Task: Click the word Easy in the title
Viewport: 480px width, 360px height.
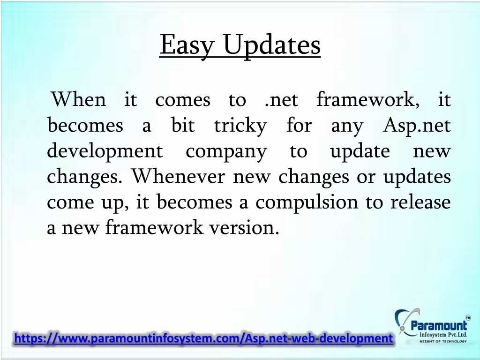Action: pyautogui.click(x=186, y=45)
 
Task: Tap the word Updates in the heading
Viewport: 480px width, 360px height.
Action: pyautogui.click(x=272, y=45)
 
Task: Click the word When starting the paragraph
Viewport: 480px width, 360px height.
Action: pyautogui.click(x=79, y=99)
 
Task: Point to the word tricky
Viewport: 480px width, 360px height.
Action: pyautogui.click(x=240, y=126)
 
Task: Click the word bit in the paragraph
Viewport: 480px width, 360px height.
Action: pyautogui.click(x=183, y=125)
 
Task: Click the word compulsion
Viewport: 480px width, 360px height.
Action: pyautogui.click(x=307, y=202)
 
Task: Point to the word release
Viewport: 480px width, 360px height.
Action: pyautogui.click(x=420, y=202)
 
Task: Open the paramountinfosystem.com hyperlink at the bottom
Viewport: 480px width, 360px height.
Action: pyautogui.click(x=203, y=338)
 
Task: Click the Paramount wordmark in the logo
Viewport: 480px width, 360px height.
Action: pyautogui.click(x=439, y=325)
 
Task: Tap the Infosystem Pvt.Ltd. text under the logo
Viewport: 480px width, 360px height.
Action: pyautogui.click(x=443, y=335)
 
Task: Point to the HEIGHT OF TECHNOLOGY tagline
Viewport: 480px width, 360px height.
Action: pyautogui.click(x=443, y=341)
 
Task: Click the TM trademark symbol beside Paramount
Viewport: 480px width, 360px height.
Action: pyautogui.click(x=468, y=317)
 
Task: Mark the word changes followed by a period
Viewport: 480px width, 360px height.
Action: pyautogui.click(x=84, y=177)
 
